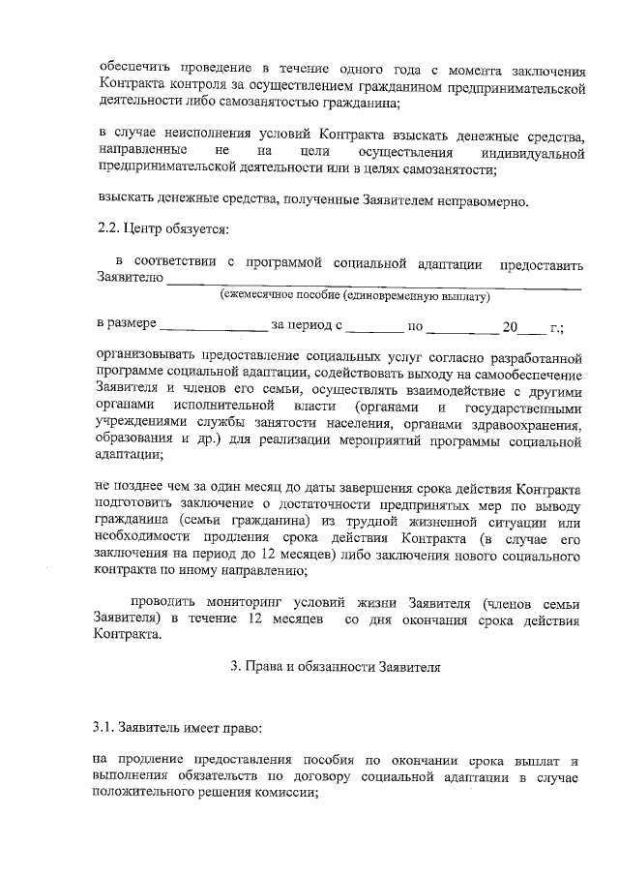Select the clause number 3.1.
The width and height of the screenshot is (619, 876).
111,724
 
